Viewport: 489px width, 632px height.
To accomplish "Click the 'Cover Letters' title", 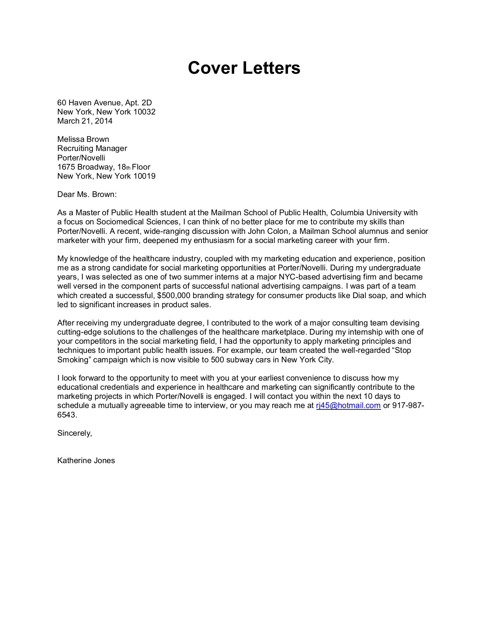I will (x=244, y=68).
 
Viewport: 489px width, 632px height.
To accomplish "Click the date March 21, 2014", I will (x=85, y=121).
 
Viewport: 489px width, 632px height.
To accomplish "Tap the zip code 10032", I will (x=144, y=112).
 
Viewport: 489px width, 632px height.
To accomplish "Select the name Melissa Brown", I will (x=83, y=139).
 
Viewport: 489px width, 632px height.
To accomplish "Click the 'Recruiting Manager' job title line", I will (x=92, y=149).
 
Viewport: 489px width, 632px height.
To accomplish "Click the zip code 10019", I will (x=144, y=176).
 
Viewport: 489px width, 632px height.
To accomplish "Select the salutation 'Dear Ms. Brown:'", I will (x=86, y=195).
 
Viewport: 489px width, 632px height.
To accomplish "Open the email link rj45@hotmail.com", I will (x=348, y=406).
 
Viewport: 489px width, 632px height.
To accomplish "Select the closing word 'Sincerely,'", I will (x=75, y=433).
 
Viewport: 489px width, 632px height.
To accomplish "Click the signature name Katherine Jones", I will (x=86, y=461).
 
